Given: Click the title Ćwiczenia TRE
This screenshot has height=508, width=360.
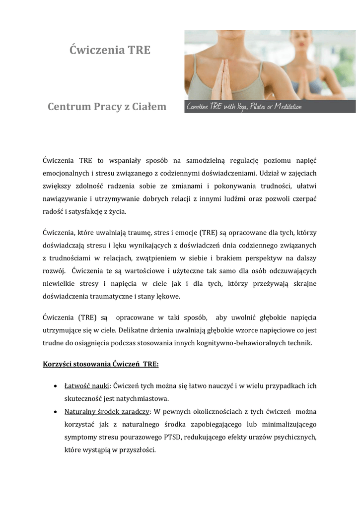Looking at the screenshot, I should pyautogui.click(x=110, y=50).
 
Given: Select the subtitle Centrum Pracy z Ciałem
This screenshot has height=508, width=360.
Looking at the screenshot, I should pyautogui.click(x=107, y=107).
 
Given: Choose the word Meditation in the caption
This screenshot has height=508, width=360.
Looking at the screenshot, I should pyautogui.click(x=288, y=106).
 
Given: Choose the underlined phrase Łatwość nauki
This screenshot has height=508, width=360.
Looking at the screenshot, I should pyautogui.click(x=87, y=385).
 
